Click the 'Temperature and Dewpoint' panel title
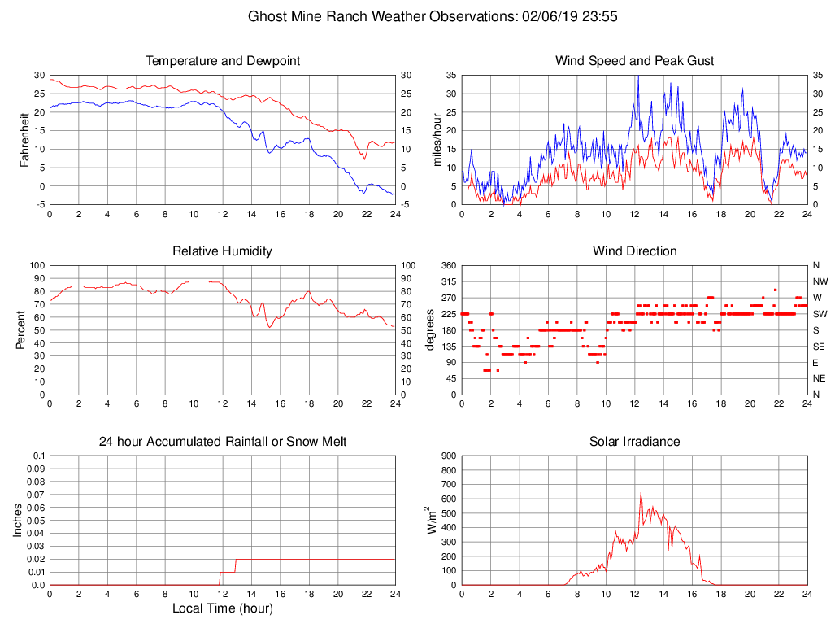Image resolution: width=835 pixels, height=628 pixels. point(222,61)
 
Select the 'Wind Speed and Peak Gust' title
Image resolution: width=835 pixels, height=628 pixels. point(634,61)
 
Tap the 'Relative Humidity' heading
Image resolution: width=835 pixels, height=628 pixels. point(222,251)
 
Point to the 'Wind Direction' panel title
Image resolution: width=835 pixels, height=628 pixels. point(634,251)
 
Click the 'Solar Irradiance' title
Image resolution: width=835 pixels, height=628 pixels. point(634,442)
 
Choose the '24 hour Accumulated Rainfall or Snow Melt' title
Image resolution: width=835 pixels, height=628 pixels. point(222,442)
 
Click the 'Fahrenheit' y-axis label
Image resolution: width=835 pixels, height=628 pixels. point(24,140)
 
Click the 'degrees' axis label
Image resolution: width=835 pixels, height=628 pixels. point(431,330)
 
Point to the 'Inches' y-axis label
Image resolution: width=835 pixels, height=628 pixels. point(18,521)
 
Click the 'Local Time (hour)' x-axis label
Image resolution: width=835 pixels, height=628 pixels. point(222,608)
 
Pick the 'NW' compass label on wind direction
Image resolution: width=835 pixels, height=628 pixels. point(820,281)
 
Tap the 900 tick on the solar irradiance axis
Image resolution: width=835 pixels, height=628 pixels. point(448,456)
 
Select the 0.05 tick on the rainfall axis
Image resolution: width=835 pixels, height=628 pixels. point(36,521)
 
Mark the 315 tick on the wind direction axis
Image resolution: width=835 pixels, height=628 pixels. point(448,281)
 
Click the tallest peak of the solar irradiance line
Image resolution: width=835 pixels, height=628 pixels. point(641,492)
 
